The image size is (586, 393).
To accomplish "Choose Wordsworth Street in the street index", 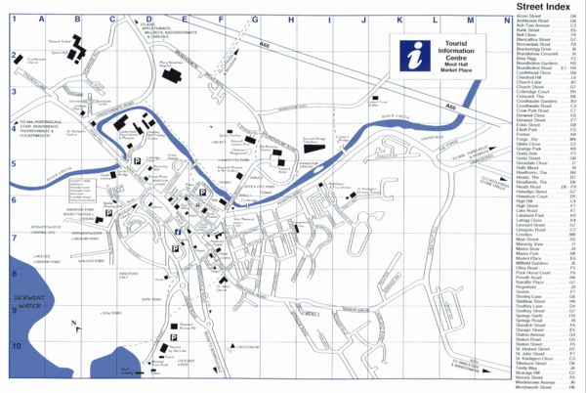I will [x=534, y=387].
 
